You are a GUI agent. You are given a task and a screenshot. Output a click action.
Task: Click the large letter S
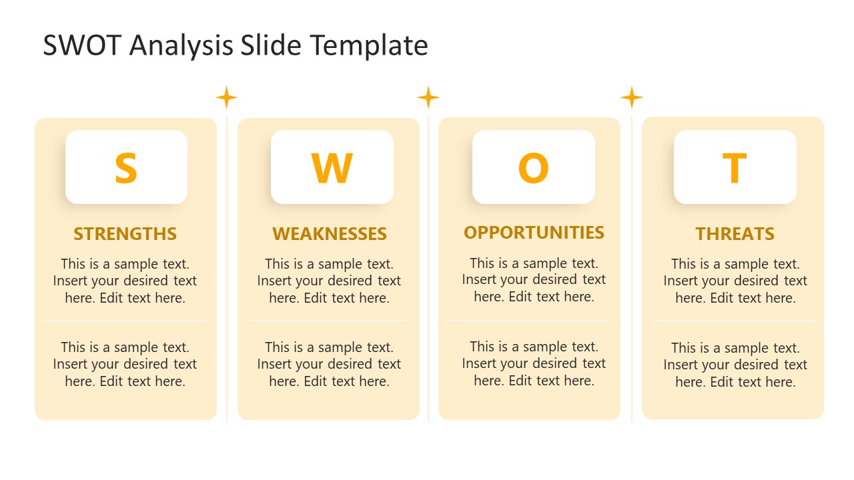(125, 168)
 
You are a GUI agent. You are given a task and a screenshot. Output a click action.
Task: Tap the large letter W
(332, 168)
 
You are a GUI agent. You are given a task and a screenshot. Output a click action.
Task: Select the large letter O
(533, 168)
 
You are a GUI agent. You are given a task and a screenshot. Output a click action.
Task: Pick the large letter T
(735, 168)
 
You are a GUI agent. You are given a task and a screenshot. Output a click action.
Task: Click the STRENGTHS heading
(125, 234)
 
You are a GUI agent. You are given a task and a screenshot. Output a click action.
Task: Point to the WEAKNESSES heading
(329, 234)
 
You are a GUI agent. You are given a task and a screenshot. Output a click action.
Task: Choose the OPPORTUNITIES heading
(534, 233)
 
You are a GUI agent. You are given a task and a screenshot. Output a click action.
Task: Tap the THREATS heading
(735, 234)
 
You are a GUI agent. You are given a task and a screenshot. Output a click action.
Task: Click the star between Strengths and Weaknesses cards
(226, 98)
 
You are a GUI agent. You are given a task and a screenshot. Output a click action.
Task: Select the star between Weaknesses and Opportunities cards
(428, 98)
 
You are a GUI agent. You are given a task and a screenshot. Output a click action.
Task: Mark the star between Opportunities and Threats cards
(631, 98)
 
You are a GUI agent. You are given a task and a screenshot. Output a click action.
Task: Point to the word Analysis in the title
(181, 46)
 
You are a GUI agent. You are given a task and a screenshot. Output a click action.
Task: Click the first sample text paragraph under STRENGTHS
(125, 281)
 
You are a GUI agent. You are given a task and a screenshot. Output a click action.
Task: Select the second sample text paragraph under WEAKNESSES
(329, 364)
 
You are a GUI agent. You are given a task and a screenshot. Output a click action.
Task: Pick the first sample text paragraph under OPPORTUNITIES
(534, 279)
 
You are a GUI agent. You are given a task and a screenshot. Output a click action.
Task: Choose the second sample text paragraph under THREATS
(735, 365)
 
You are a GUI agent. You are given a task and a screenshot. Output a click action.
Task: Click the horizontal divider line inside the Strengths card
(125, 321)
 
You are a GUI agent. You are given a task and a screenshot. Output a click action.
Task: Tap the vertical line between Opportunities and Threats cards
(631, 267)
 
